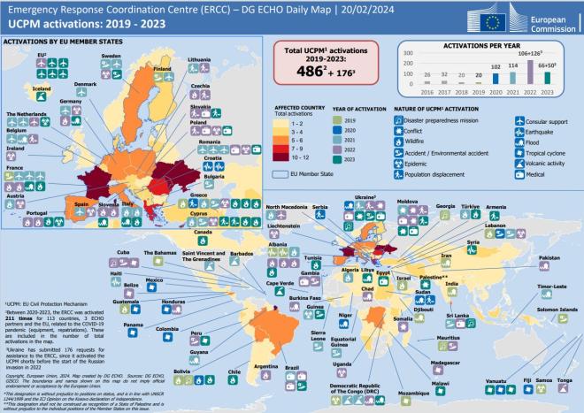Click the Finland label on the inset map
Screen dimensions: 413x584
[x=163, y=68]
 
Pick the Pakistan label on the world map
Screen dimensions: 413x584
[x=549, y=257]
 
